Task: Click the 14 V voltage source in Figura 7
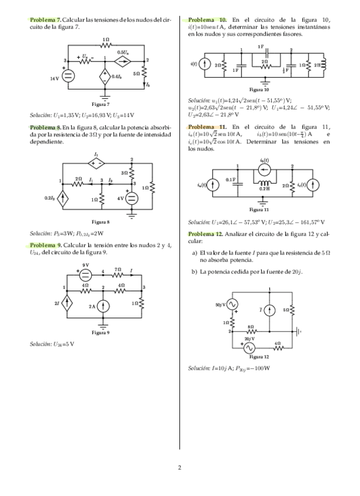[x=68, y=75]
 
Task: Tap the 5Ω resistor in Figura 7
[x=145, y=74]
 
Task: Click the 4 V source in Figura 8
[x=131, y=198]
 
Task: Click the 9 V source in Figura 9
[x=85, y=271]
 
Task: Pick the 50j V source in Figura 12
[x=232, y=305]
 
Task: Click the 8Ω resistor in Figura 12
[x=251, y=332]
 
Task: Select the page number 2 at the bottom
[x=180, y=467]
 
